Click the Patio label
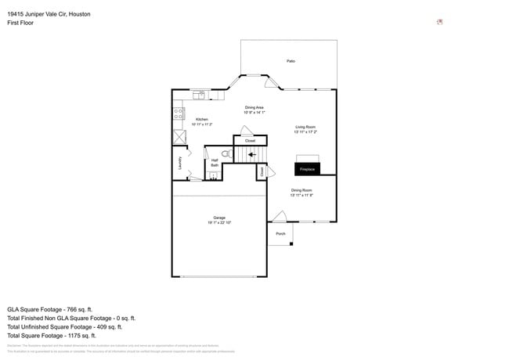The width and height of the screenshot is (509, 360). tap(291, 61)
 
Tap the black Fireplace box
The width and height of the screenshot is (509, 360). tap(307, 168)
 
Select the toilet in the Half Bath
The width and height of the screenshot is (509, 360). tap(225, 155)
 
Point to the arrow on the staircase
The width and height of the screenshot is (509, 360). tap(251, 155)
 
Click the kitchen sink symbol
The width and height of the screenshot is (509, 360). tap(199, 95)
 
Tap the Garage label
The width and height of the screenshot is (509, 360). tap(219, 218)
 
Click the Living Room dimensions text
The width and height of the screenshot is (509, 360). tap(305, 132)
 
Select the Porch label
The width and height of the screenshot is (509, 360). tap(280, 233)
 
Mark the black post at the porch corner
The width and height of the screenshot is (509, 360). tap(291, 244)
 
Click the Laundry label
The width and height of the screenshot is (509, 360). tap(180, 162)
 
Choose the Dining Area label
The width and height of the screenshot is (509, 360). tap(254, 107)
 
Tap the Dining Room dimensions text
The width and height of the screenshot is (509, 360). tap(301, 195)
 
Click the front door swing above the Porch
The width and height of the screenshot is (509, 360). tap(279, 216)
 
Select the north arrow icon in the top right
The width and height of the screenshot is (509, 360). tap(440, 22)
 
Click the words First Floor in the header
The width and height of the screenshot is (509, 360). tap(20, 23)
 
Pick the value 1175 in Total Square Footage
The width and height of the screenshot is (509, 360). tap(82, 336)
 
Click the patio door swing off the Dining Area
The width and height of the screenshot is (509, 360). tap(270, 82)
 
